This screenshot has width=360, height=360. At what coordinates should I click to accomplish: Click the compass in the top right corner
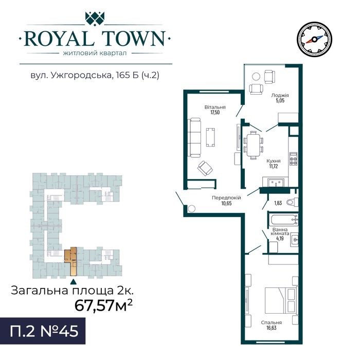pyautogui.click(x=314, y=40)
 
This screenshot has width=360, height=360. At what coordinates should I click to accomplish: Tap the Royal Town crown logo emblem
pyautogui.click(x=95, y=19)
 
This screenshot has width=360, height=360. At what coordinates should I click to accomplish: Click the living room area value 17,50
pyautogui.click(x=215, y=113)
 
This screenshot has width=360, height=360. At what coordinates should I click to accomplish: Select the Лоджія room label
pyautogui.click(x=280, y=95)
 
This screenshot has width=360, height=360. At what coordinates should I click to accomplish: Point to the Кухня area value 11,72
pyautogui.click(x=273, y=166)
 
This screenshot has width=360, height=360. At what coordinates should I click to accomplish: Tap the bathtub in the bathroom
pyautogui.click(x=284, y=220)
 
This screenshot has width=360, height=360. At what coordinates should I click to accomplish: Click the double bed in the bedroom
pyautogui.click(x=281, y=300)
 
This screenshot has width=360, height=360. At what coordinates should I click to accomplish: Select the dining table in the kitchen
pyautogui.click(x=253, y=146)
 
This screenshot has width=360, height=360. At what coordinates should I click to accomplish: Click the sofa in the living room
pyautogui.click(x=195, y=138)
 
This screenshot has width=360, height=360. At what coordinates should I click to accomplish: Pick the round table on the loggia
pyautogui.click(x=256, y=76)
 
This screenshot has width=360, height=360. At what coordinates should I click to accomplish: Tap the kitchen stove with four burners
pyautogui.click(x=293, y=158)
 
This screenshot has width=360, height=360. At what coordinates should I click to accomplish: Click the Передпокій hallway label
pyautogui.click(x=226, y=197)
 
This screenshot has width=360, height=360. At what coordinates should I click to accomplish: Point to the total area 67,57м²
pyautogui.click(x=103, y=305)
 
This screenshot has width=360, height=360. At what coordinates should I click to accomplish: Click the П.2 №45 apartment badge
pyautogui.click(x=43, y=331)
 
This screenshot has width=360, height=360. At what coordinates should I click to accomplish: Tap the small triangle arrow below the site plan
pyautogui.click(x=73, y=281)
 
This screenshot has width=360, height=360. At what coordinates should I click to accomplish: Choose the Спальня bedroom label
pyautogui.click(x=271, y=322)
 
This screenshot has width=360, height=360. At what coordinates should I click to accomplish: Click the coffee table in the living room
pyautogui.click(x=210, y=137)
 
